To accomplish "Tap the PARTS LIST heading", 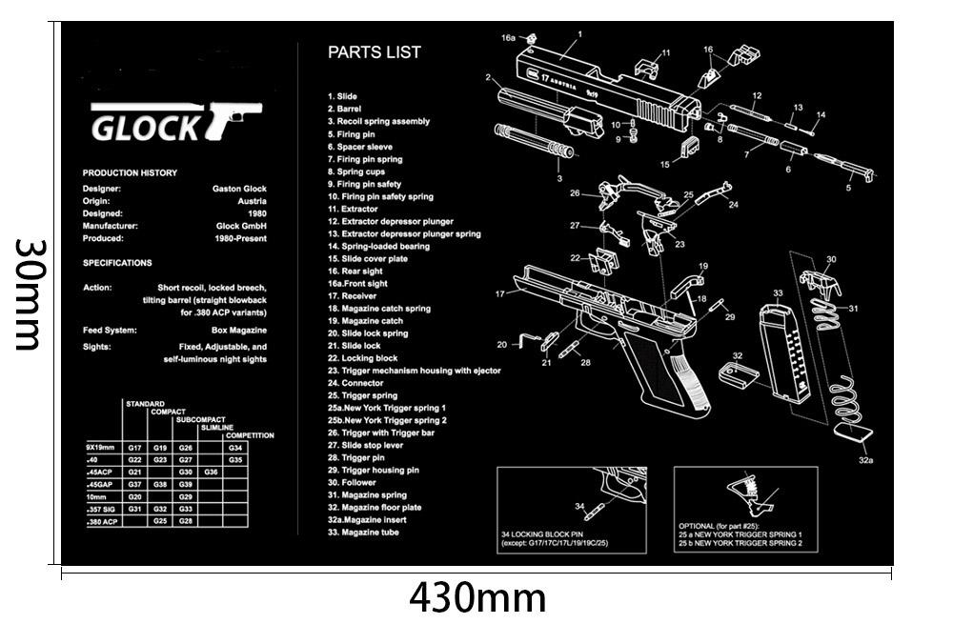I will pyautogui.click(x=374, y=53).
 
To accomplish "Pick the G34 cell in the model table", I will pyautogui.click(x=235, y=447).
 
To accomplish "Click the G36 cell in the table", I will pyautogui.click(x=211, y=472).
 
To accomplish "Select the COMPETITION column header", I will pyautogui.click(x=250, y=435).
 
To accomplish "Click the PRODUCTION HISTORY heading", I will pyautogui.click(x=130, y=173).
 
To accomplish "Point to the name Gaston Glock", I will pyautogui.click(x=239, y=189).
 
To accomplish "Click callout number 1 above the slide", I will pyautogui.click(x=579, y=34).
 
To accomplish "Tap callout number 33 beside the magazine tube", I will pyautogui.click(x=778, y=293).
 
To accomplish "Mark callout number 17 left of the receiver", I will pyautogui.click(x=499, y=293).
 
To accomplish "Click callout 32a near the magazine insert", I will pyautogui.click(x=865, y=459).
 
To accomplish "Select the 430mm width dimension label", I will pyautogui.click(x=477, y=597).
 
